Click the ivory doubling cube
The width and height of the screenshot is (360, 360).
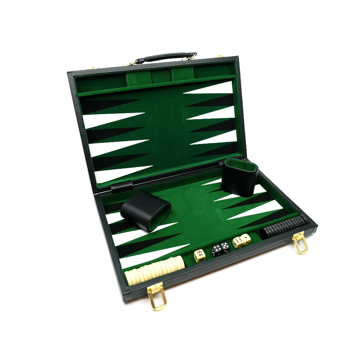pyautogui.click(x=199, y=255)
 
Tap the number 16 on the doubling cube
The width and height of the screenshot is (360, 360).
pyautogui.click(x=201, y=260)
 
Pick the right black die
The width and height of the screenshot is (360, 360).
pyautogui.click(x=225, y=248)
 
